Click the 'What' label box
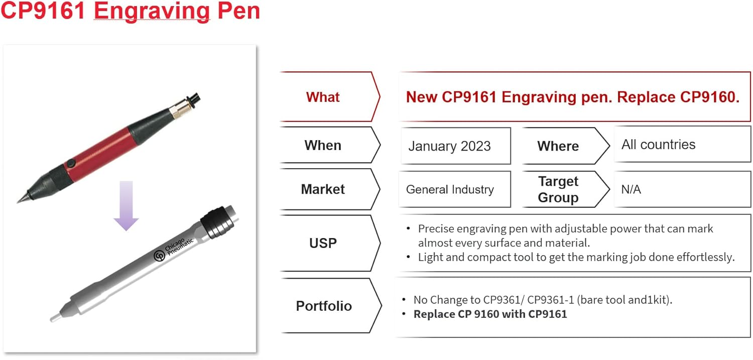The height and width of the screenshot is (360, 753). [323, 97]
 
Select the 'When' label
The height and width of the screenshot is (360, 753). [323, 146]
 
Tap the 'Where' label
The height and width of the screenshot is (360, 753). [558, 146]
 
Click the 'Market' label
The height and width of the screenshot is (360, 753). [323, 189]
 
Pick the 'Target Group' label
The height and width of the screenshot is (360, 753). [558, 189]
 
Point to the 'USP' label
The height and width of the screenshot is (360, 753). [323, 244]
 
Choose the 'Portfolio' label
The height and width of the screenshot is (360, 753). [324, 306]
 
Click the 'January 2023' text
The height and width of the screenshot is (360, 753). [449, 146]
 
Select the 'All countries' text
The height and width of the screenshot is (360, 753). [658, 145]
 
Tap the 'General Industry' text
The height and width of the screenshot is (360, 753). [450, 189]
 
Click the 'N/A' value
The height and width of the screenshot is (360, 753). [631, 190]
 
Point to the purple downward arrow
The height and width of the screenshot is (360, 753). [126, 206]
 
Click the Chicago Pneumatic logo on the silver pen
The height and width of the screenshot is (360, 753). [159, 256]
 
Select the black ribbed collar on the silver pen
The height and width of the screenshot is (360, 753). [217, 225]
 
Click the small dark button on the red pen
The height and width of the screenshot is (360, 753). [71, 163]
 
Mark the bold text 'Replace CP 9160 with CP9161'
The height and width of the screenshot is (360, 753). [490, 314]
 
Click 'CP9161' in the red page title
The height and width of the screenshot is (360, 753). [43, 11]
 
